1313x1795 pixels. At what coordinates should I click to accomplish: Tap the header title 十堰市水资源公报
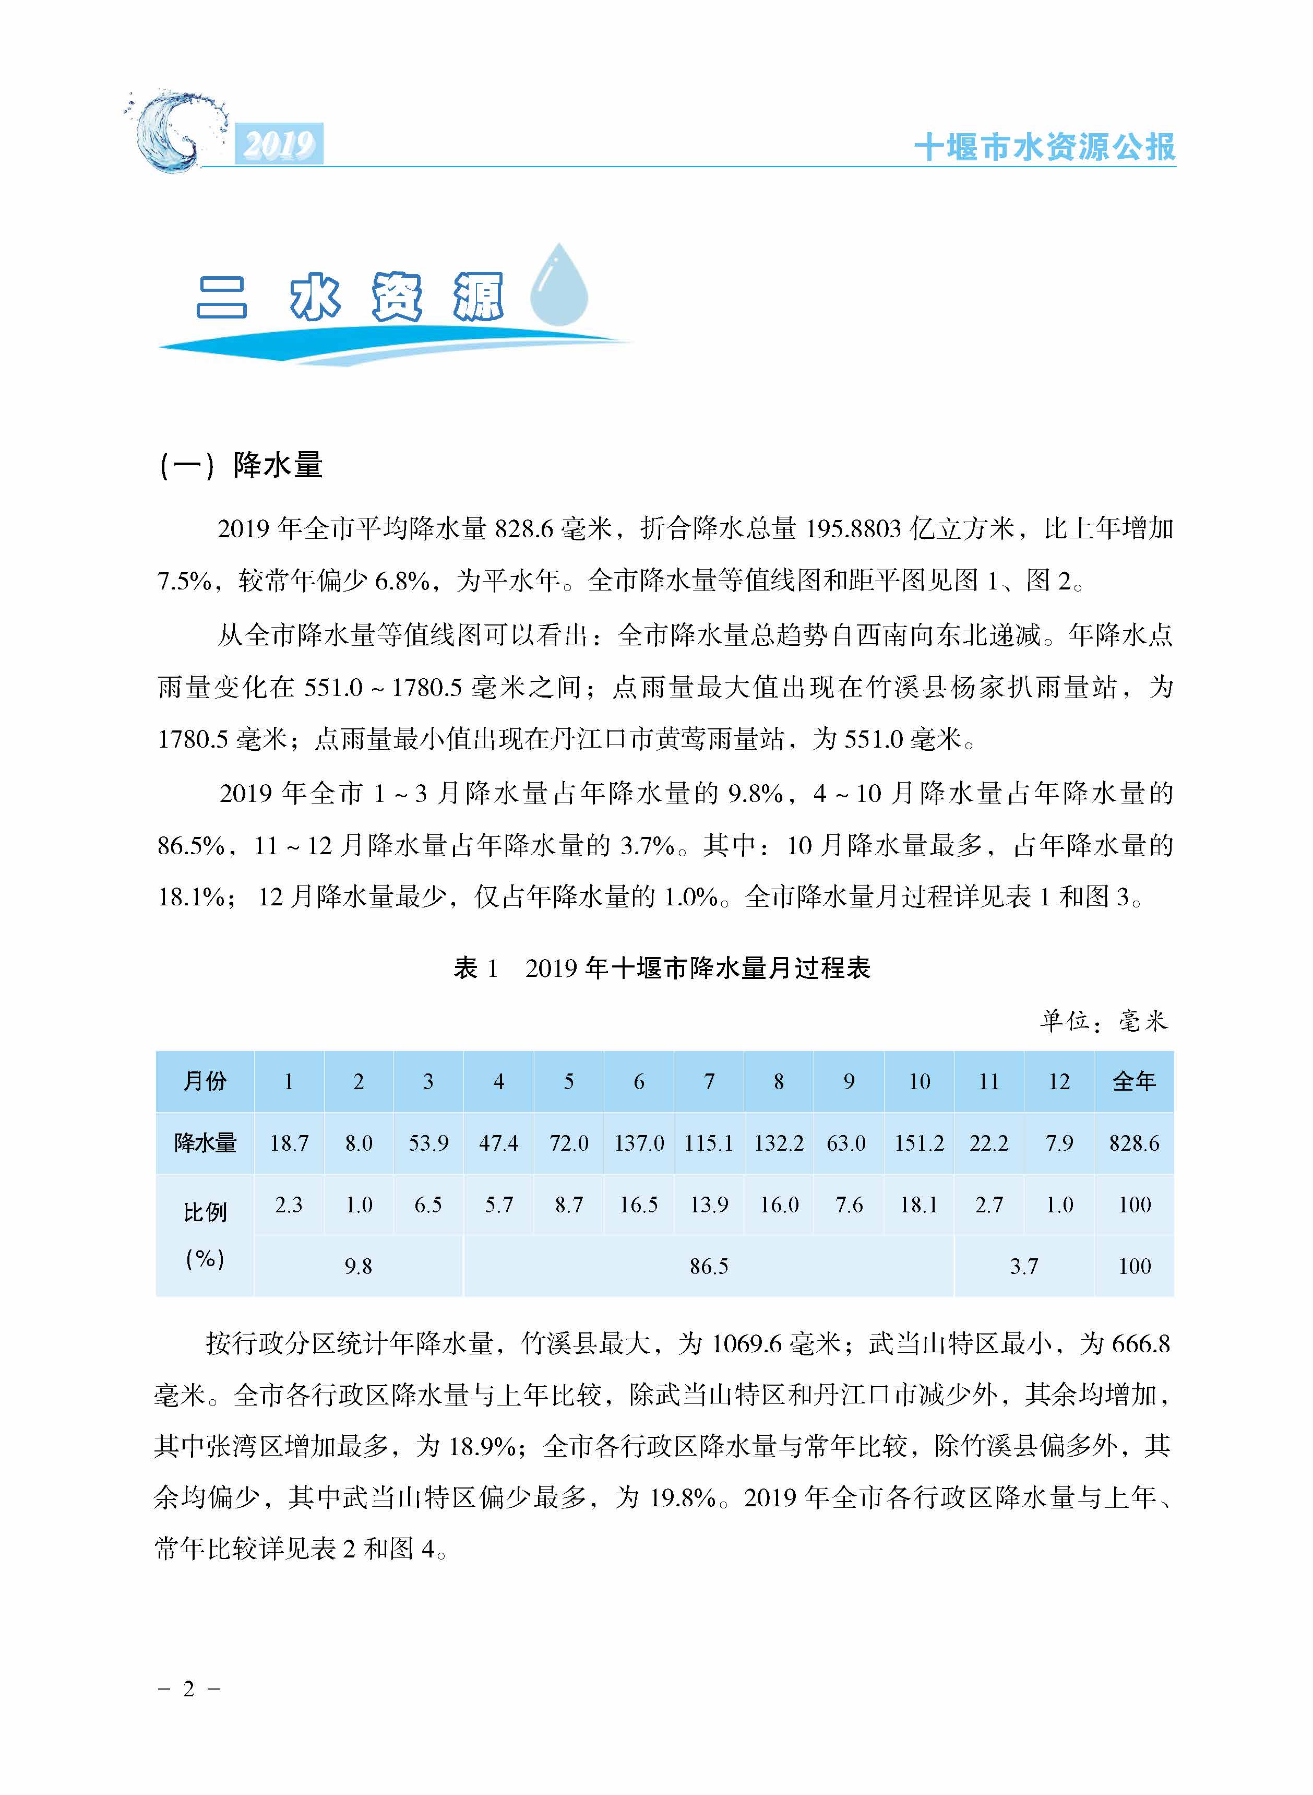pos(1044,147)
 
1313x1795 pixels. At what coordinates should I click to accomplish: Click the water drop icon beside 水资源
pos(559,286)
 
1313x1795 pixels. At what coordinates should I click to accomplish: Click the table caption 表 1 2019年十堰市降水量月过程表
pos(662,967)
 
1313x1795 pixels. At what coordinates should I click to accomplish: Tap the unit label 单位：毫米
pos(1104,1021)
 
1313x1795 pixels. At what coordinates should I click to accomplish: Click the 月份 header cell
pos(205,1081)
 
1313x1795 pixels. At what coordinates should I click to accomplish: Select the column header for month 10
pos(919,1081)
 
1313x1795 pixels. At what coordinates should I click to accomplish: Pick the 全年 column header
pos(1134,1081)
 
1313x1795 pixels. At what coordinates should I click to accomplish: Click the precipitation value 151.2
pos(919,1143)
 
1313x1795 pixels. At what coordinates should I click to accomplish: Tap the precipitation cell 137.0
pos(639,1143)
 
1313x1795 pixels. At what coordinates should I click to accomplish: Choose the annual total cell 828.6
pos(1134,1143)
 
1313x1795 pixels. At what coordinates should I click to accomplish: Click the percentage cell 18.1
pos(919,1205)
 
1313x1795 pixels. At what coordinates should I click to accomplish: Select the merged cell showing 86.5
pos(708,1266)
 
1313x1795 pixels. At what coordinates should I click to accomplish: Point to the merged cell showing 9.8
pos(359,1266)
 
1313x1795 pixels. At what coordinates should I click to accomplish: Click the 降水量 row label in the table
pos(205,1143)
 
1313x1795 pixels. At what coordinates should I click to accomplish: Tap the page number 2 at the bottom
pos(188,1689)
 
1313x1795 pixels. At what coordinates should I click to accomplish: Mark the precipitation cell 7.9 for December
pos(1059,1143)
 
